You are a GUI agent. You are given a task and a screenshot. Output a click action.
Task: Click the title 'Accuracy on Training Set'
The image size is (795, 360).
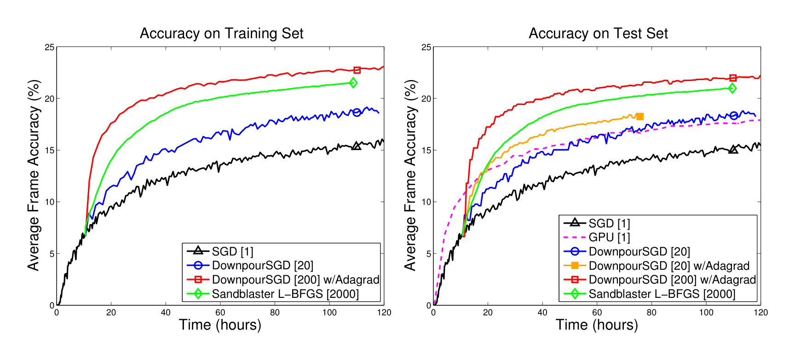tap(221, 34)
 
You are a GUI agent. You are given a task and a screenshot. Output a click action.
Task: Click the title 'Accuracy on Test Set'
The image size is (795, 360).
tap(598, 34)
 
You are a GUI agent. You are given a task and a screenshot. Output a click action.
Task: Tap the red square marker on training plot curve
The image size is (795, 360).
tap(357, 70)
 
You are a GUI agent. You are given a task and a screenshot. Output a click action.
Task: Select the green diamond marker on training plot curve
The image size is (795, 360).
tap(353, 83)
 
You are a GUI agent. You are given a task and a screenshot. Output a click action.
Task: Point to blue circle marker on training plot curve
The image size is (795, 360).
tap(357, 112)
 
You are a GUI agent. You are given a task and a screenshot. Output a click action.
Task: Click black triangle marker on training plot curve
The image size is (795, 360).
tap(357, 146)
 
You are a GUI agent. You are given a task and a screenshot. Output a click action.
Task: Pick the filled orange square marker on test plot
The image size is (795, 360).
tap(639, 116)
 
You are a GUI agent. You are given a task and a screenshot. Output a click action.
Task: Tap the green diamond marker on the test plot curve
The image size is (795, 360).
tap(732, 88)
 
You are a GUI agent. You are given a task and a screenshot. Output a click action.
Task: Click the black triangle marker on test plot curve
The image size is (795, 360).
tap(733, 149)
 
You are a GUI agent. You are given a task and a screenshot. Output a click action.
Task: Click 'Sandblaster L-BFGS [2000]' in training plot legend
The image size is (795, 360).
tap(285, 294)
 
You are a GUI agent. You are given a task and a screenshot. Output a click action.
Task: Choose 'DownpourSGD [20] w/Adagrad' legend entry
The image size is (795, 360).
tap(669, 266)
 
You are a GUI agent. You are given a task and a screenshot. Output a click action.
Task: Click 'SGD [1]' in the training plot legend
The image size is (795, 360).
tap(232, 251)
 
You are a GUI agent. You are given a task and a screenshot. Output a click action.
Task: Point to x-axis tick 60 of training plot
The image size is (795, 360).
tap(220, 313)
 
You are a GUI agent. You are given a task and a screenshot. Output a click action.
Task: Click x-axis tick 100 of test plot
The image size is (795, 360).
tap(706, 313)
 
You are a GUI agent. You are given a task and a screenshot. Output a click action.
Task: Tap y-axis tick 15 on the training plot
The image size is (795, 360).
tap(49, 151)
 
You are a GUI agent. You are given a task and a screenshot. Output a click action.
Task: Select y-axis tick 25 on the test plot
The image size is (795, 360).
tap(426, 47)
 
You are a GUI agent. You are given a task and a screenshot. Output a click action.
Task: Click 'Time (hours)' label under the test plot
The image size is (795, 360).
tap(597, 325)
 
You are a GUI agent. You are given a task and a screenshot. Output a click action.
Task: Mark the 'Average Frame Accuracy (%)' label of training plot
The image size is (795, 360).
tap(34, 175)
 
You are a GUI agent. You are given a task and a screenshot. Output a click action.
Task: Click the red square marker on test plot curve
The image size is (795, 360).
tap(733, 78)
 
